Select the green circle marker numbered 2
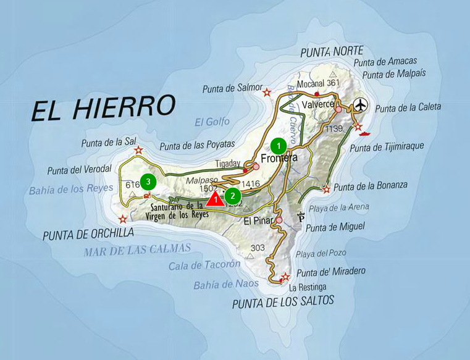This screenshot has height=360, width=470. tap(232, 196)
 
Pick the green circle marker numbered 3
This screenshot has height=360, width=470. tap(148, 182)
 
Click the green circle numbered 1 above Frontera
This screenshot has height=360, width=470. tap(279, 146)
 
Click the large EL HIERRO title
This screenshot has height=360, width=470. tap(103, 107)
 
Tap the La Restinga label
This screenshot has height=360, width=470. tap(307, 287)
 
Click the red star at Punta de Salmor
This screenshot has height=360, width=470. tap(267, 93)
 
